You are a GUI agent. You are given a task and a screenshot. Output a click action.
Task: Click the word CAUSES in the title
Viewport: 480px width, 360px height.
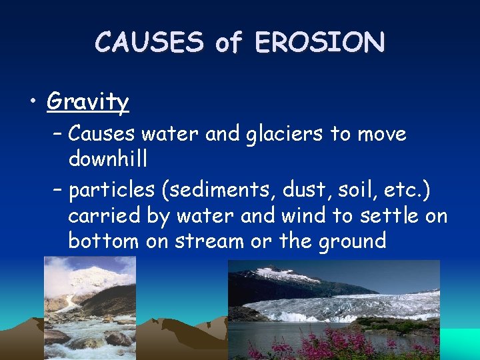(149, 42)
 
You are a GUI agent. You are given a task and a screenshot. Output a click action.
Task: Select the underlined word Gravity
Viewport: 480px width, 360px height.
(88, 101)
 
